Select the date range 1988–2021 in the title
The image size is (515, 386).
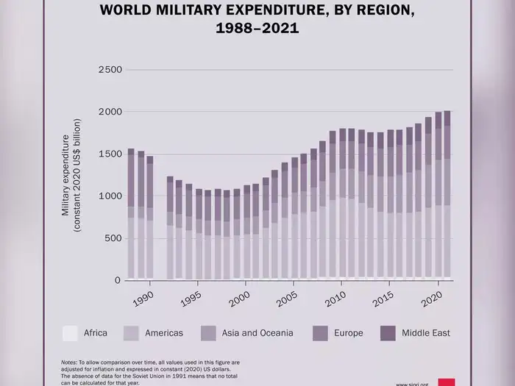pyautogui.click(x=257, y=29)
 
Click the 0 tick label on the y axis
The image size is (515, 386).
pyautogui.click(x=117, y=281)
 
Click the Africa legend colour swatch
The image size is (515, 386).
pyautogui.click(x=70, y=333)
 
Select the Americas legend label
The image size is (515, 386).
pyautogui.click(x=163, y=333)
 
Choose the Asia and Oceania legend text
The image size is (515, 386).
pyautogui.click(x=257, y=333)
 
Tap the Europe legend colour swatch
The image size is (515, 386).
pyautogui.click(x=321, y=333)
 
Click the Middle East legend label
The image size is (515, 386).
pyautogui.click(x=425, y=333)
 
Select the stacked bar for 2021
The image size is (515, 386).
pyautogui.click(x=447, y=196)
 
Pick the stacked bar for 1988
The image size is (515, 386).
pyautogui.click(x=131, y=214)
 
